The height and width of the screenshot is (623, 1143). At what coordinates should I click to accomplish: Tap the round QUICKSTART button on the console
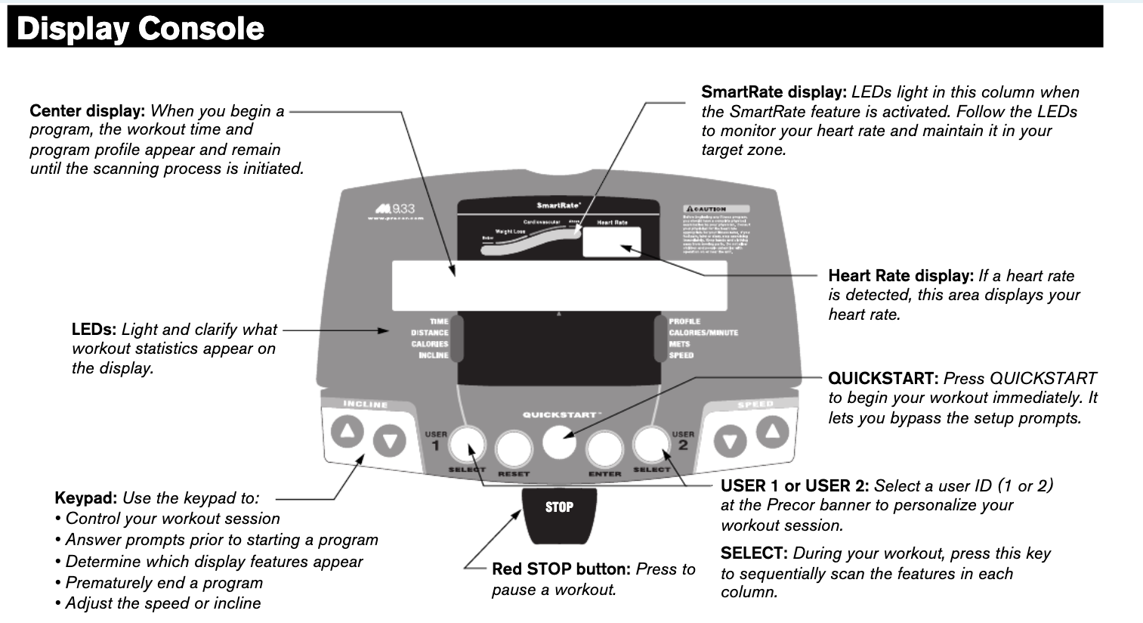point(559,442)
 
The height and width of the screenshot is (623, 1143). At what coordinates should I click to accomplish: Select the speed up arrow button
point(772,432)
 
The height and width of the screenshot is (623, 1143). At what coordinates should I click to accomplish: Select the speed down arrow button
point(730,442)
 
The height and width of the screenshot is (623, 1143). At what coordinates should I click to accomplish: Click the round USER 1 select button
point(467,444)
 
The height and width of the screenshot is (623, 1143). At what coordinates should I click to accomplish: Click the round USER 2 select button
point(651,444)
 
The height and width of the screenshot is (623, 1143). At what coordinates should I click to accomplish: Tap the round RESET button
point(513,450)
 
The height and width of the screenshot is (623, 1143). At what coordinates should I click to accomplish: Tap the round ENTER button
point(605,450)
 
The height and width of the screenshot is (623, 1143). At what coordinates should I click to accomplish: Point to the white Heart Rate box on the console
point(611,242)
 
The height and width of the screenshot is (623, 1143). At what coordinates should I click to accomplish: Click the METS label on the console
point(679,344)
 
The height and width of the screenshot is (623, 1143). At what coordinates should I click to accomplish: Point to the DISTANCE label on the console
point(430,333)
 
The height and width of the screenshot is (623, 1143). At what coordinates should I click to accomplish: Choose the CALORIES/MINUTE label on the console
point(703,333)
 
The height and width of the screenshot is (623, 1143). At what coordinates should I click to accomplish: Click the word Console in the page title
point(201,29)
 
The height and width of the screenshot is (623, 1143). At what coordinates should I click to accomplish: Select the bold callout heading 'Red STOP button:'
point(561,569)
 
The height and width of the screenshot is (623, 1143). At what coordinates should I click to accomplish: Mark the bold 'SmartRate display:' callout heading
point(774,92)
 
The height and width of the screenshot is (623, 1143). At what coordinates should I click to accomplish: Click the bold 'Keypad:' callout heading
point(85,498)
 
